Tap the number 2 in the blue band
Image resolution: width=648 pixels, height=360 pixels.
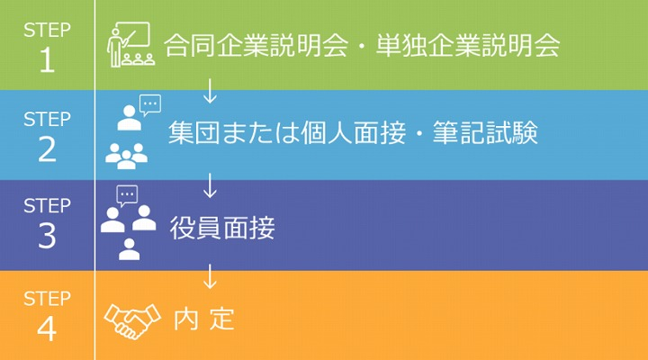click(x=47, y=148)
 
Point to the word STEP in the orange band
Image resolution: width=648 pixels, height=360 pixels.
click(x=47, y=297)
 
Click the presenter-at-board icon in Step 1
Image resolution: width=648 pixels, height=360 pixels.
click(x=128, y=45)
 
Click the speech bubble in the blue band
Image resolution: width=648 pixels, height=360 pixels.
click(x=149, y=104)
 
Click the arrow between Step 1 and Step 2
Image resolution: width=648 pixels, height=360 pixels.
click(x=211, y=90)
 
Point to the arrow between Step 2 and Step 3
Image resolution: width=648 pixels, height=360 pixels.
click(x=211, y=185)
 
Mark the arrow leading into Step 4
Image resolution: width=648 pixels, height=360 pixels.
click(x=211, y=275)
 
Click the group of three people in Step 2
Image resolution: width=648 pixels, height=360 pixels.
click(x=126, y=156)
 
